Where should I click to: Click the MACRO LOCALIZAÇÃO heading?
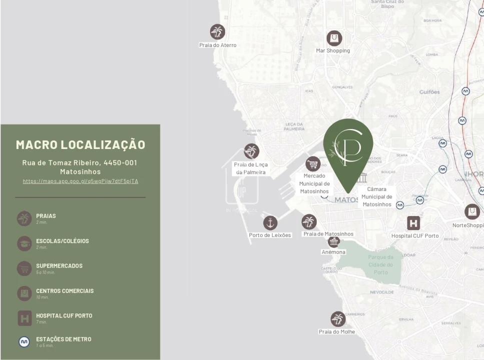tap(81, 145)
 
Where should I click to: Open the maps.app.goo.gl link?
tap(81, 181)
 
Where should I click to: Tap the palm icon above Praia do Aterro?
tap(217, 32)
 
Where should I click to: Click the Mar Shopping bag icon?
tap(334, 38)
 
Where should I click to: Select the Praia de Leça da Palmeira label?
tap(251, 168)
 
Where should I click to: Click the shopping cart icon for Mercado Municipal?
tap(313, 163)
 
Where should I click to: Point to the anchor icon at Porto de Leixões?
tap(270, 223)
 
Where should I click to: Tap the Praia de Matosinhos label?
tap(328, 234)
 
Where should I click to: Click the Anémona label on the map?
tap(333, 252)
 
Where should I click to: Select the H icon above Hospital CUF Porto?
tap(413, 223)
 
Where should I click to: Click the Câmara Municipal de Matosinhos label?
tap(377, 196)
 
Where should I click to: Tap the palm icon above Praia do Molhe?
tap(338, 319)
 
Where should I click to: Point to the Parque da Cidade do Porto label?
tap(381, 264)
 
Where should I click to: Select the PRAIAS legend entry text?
tap(46, 216)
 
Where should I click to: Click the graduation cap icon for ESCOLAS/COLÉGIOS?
tap(24, 243)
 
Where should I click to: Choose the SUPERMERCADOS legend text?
tap(59, 266)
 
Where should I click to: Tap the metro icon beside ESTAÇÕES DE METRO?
tap(24, 342)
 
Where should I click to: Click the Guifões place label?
tap(429, 92)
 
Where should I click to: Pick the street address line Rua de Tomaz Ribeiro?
tap(80, 163)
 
